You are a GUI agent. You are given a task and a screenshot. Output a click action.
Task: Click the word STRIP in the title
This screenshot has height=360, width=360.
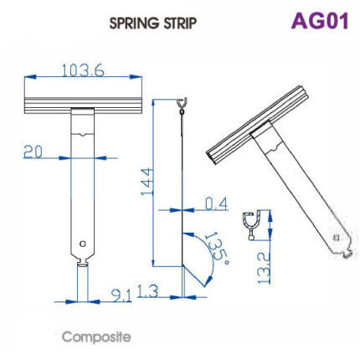click(x=180, y=23)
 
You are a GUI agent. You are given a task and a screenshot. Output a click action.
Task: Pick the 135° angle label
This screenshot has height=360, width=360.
click(x=215, y=249)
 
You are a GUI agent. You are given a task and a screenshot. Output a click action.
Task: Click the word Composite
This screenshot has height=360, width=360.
click(x=96, y=337)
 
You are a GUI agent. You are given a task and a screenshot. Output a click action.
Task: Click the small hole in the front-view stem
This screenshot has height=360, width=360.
click(x=83, y=244)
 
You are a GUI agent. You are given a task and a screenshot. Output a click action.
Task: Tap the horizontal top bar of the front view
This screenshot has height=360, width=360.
click(x=83, y=105)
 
